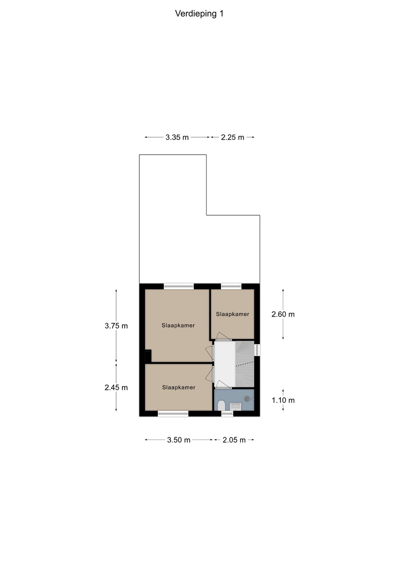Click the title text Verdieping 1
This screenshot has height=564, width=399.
coord(199,14)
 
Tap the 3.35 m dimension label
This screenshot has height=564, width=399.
coord(177,137)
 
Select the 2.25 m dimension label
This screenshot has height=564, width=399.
coord(232,137)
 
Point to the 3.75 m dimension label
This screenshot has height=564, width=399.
coord(116,326)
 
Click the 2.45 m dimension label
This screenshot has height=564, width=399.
coord(116,387)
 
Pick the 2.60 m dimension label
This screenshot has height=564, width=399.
coord(283,314)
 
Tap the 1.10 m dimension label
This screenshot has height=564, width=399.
coord(283,400)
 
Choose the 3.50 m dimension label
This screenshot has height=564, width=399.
coord(179,440)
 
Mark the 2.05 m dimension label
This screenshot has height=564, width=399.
coord(234,440)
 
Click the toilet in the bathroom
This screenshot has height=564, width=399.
coord(221,406)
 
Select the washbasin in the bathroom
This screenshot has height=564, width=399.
coord(236,407)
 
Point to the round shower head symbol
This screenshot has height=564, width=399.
coord(248,398)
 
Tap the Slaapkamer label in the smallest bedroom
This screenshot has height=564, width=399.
coord(232,314)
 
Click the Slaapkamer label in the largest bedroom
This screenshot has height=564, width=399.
coord(178,325)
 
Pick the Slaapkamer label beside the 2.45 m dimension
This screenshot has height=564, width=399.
coord(179,387)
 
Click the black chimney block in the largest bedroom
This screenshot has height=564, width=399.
coord(148,356)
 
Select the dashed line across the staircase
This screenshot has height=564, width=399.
coord(244,363)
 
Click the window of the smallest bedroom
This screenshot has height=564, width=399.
coord(231,286)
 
